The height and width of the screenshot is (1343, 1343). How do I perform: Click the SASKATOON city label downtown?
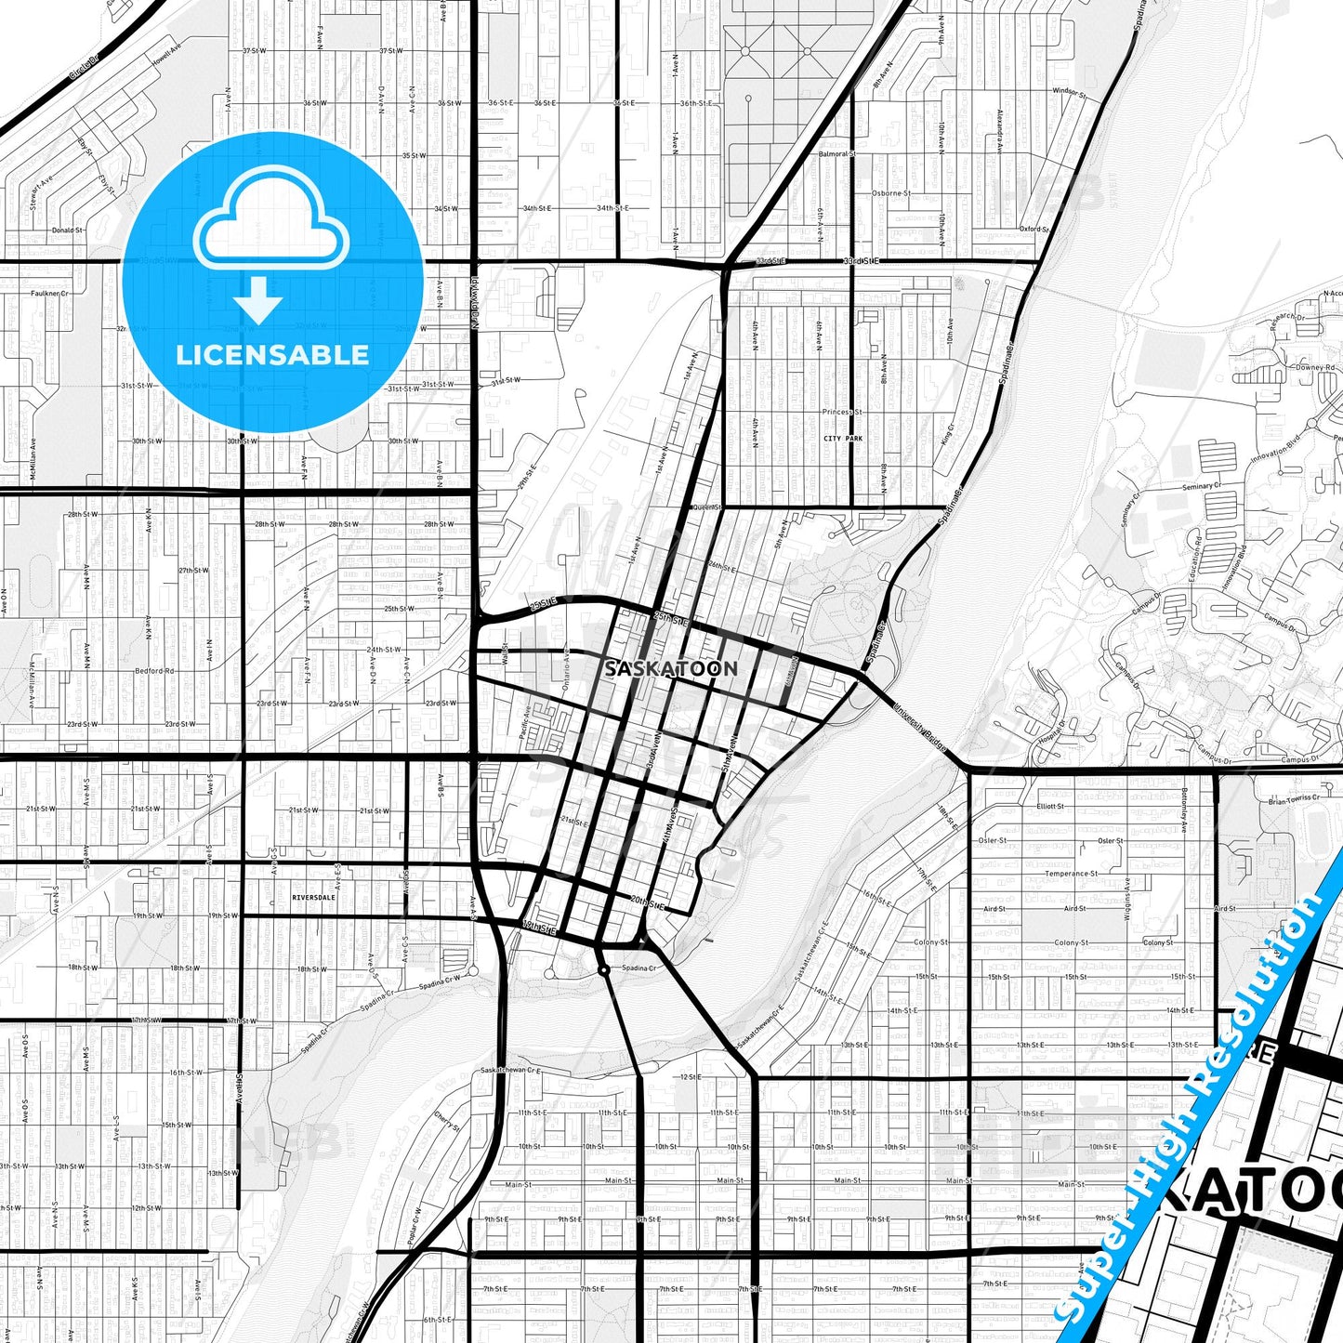point(671,668)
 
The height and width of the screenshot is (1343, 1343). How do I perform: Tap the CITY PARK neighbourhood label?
point(843,438)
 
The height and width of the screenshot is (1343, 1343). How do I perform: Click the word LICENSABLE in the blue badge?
point(272,355)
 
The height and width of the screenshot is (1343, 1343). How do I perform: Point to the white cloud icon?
point(270,220)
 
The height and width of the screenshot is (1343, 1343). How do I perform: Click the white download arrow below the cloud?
point(257,300)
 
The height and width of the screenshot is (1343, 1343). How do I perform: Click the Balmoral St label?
point(836,153)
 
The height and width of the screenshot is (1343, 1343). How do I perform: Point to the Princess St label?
point(842,412)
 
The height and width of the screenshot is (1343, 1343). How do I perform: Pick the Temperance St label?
point(1071,874)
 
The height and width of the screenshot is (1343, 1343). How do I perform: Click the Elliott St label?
point(1050,806)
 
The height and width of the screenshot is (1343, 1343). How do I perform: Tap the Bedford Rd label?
point(154,670)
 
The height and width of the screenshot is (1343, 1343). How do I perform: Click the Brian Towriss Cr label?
point(1294,798)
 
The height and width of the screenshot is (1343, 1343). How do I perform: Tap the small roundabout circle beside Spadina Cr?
point(604,970)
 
